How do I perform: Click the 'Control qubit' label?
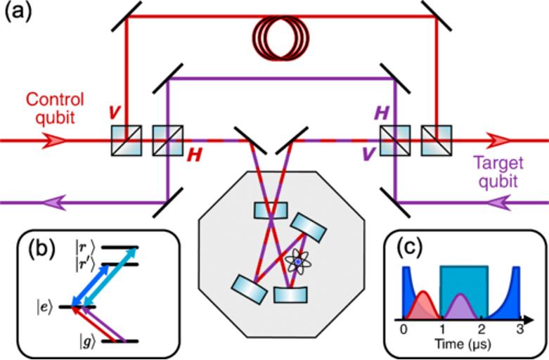coord(55,107)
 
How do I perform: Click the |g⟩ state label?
coord(88,342)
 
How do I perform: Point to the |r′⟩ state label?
coord(89,264)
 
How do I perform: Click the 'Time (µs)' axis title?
coord(460,345)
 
